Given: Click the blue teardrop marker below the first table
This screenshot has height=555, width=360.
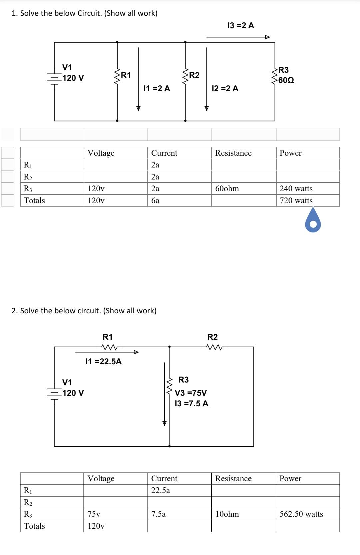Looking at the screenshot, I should click(x=313, y=221).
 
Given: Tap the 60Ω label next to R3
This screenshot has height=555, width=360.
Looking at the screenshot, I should click(x=286, y=80).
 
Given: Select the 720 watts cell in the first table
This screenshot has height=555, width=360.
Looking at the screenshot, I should click(x=296, y=201).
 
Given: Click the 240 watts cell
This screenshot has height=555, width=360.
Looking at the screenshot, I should click(x=296, y=189).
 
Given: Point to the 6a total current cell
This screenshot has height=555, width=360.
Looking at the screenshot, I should click(x=155, y=201).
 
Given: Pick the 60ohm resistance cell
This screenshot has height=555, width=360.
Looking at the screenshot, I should click(x=227, y=189).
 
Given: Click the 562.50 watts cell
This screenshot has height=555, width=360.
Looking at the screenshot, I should click(x=301, y=514).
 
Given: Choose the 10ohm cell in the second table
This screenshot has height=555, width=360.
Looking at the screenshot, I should click(x=227, y=514).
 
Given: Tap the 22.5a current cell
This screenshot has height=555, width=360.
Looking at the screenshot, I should click(x=161, y=490).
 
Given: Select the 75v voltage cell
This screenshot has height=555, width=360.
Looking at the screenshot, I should click(x=94, y=514).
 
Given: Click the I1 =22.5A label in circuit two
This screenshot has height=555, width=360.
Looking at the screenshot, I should click(x=104, y=361).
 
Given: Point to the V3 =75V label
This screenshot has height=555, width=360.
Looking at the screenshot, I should click(x=191, y=393).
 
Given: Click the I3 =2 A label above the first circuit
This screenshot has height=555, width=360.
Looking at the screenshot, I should click(x=241, y=26).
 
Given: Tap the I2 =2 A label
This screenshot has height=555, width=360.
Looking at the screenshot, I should click(x=225, y=88).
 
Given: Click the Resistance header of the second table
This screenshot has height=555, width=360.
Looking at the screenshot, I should click(x=233, y=479).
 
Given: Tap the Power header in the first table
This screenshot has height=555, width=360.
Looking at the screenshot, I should click(x=290, y=153).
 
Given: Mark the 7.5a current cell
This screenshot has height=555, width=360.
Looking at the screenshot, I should click(x=158, y=514).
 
